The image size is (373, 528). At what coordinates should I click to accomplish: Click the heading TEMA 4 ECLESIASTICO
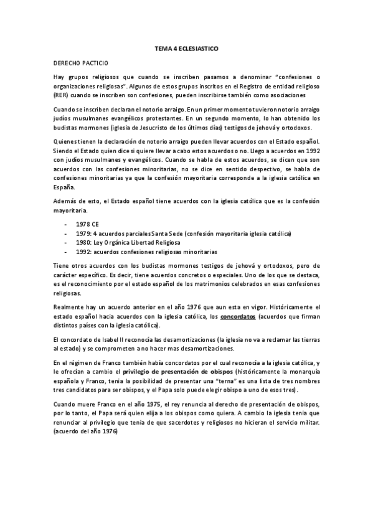pyautogui.click(x=186, y=47)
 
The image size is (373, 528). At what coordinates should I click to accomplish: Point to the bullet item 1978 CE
pyautogui.click(x=87, y=223)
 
